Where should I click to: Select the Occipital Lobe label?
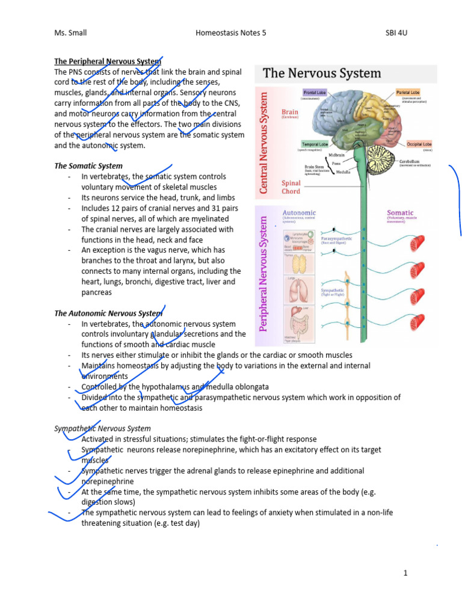click(x=419, y=144)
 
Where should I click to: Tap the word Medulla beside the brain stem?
click(x=344, y=171)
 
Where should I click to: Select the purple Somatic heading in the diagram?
click(x=400, y=212)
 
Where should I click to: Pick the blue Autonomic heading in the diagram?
click(x=299, y=212)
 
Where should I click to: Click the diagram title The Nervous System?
click(x=322, y=73)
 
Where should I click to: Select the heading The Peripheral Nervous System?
click(x=108, y=61)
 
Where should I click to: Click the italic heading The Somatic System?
click(x=88, y=166)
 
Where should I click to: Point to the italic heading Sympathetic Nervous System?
click(x=102, y=428)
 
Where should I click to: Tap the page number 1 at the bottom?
click(x=406, y=573)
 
